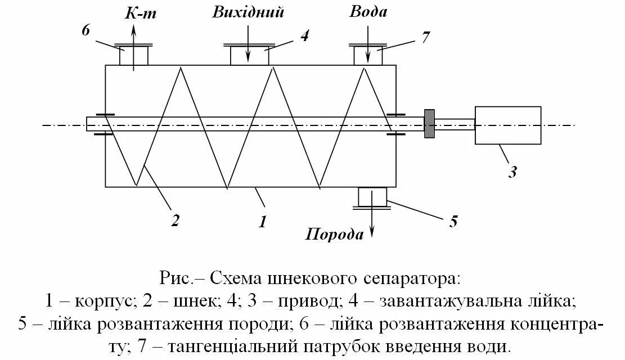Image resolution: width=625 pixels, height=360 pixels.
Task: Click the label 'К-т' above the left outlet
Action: coord(140,13)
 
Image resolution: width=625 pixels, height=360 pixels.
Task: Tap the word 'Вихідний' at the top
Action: coord(248,12)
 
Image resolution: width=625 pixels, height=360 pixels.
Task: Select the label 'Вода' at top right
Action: coord(368,12)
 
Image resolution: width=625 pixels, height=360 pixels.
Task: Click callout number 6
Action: coord(86,30)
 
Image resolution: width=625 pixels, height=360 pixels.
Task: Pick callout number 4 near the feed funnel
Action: coord(304,35)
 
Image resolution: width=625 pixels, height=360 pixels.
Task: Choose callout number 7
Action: coord(425,38)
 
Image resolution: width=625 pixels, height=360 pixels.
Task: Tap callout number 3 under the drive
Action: coord(512,171)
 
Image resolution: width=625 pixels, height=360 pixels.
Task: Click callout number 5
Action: coord(453,220)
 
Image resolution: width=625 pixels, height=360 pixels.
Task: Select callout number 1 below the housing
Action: coord(262,221)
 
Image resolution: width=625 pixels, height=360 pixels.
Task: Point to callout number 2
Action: coord(175,220)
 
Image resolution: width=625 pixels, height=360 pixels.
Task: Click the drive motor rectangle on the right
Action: coord(508,125)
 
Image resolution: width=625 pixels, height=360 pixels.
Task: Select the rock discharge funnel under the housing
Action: coord(372,198)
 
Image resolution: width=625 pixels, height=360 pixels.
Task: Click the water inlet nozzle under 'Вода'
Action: coord(368,55)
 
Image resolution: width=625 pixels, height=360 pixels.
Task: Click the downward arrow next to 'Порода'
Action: coord(371,228)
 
